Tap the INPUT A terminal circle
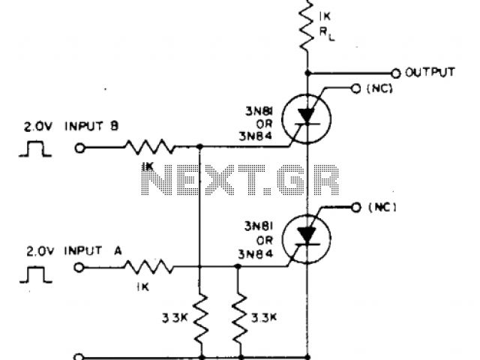[80, 266]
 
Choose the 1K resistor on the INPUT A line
[150, 266]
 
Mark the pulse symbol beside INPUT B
[36, 148]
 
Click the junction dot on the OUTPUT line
[307, 73]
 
